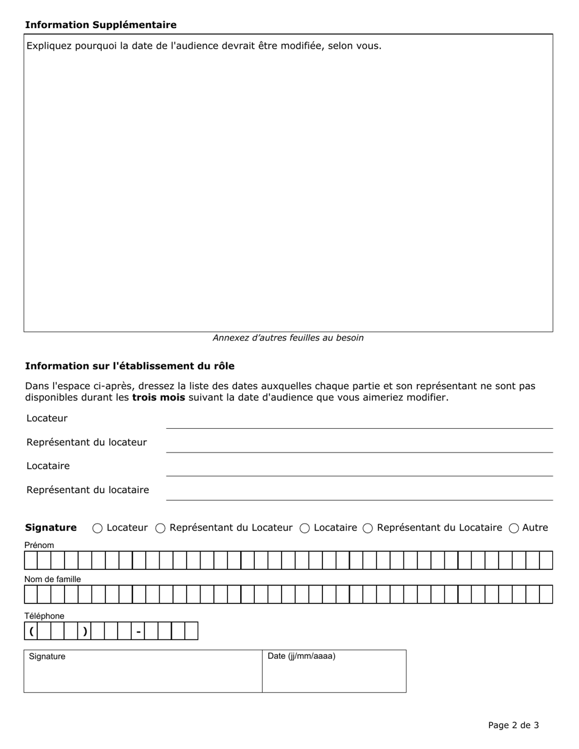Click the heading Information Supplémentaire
[101, 25]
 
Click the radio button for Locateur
[98, 528]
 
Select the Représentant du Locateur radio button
[160, 528]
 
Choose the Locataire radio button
[305, 528]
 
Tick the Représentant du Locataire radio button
[368, 528]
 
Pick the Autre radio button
[514, 528]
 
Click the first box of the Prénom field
[30, 560]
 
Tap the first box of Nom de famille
[30, 594]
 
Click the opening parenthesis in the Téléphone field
[30, 631]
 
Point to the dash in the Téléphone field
[138, 631]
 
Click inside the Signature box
[143, 675]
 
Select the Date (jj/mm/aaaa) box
[334, 675]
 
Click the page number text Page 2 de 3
[513, 725]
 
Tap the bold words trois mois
[158, 398]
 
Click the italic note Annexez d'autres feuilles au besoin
[288, 338]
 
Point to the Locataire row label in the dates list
[48, 466]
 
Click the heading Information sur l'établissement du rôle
[129, 366]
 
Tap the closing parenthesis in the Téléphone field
[85, 631]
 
